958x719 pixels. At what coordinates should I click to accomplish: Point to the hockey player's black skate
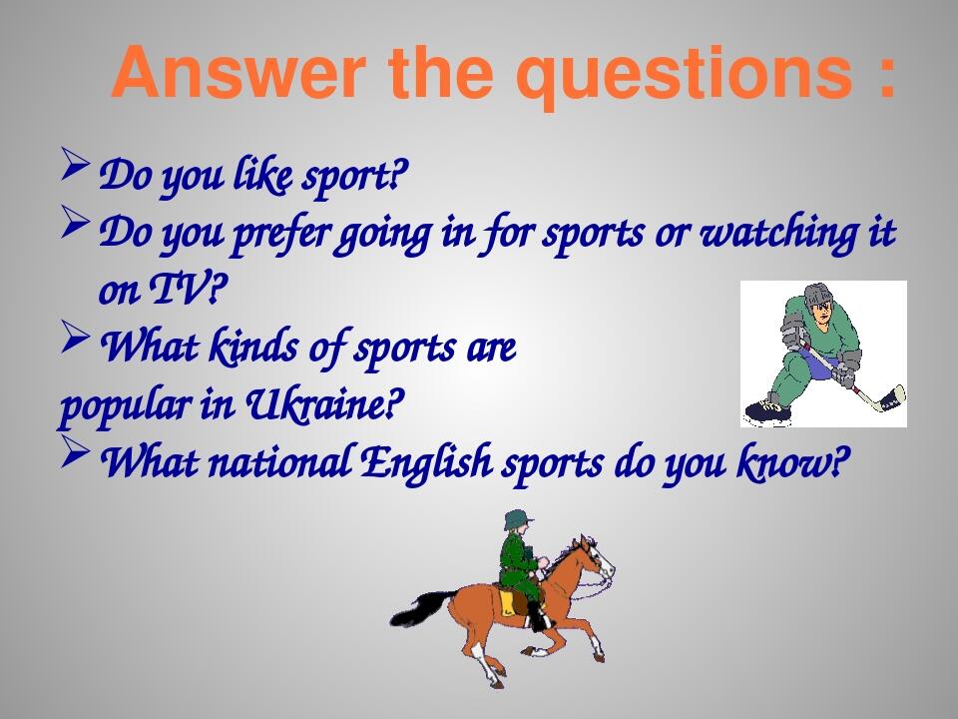coord(764,409)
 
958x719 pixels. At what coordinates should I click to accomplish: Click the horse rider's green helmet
coord(517,519)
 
